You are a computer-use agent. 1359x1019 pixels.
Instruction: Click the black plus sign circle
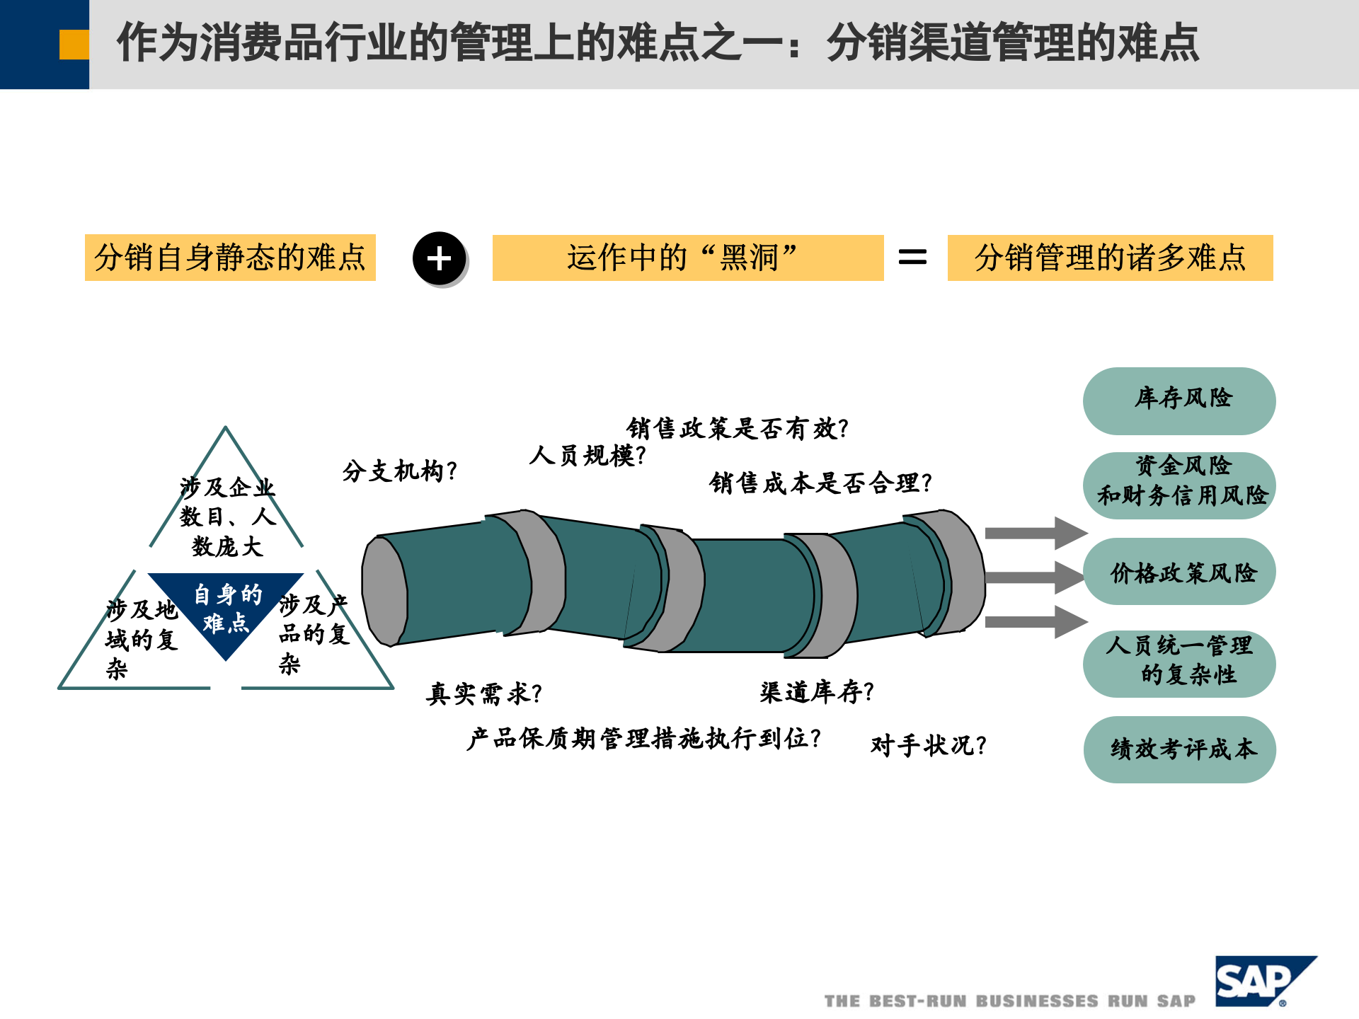coord(440,258)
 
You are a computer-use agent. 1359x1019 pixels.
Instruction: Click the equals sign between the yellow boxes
coord(912,257)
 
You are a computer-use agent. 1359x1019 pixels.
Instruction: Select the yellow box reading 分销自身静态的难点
coord(230,258)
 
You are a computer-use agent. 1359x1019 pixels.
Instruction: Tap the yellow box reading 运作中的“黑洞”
coord(687,258)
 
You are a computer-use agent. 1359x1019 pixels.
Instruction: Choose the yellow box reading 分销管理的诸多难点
coord(1110,258)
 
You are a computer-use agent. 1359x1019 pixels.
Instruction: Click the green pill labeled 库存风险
coord(1179,401)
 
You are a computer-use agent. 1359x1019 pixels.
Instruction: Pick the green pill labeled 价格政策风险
coord(1179,572)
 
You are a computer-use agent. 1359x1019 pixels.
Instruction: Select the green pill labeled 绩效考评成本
coord(1179,749)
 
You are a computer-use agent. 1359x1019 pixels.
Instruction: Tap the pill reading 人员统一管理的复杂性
coord(1179,663)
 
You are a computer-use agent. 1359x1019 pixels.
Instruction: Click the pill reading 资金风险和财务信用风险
coord(1179,485)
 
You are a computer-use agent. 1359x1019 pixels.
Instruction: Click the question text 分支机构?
coord(400,471)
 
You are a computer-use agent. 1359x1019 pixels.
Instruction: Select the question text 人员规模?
coord(587,456)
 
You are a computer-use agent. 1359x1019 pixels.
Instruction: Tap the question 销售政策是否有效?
coord(737,428)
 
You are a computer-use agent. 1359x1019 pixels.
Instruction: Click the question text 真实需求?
coord(484,693)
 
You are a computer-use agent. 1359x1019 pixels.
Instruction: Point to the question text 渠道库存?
coord(817,691)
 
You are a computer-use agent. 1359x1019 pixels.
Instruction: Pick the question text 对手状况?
coord(928,745)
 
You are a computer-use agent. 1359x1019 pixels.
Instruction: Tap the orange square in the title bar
coord(74,44)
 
